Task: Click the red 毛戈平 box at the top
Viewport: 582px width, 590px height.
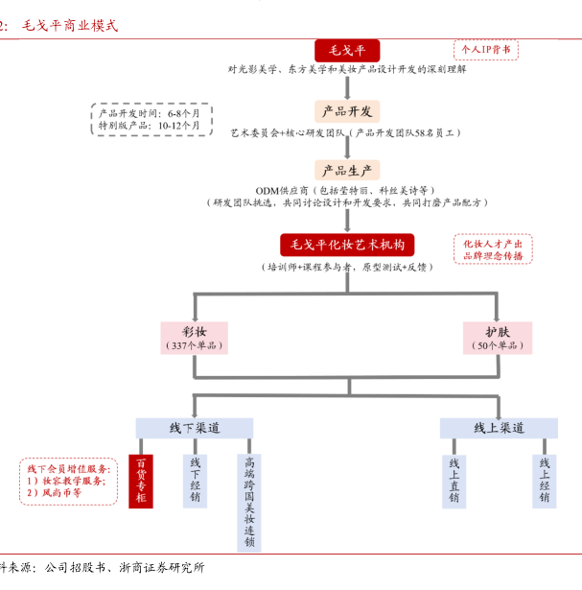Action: (347, 50)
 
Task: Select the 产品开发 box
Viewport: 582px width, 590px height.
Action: (347, 110)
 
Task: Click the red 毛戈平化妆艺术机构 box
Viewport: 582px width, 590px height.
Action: (347, 244)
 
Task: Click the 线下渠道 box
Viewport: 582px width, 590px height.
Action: (195, 428)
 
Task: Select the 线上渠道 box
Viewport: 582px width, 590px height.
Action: (499, 428)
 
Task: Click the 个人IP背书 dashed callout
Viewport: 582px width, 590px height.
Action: (485, 49)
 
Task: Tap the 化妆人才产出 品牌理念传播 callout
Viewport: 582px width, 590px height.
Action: (493, 249)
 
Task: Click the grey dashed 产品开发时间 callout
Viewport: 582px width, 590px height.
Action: (150, 119)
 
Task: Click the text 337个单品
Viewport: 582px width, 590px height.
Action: (195, 344)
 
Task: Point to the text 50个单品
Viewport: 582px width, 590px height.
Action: (498, 344)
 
